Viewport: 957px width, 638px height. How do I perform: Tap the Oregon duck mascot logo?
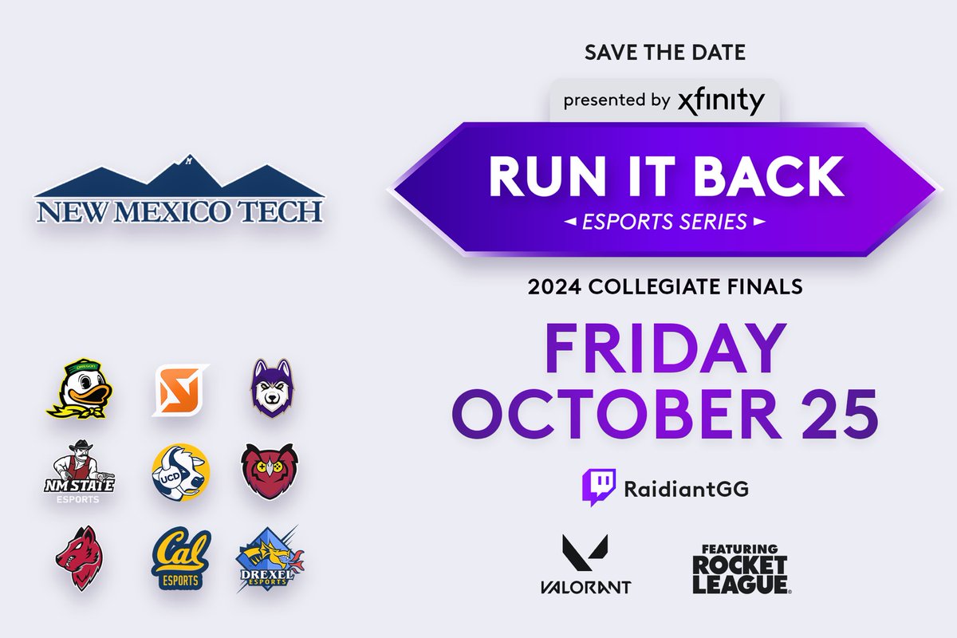click(x=76, y=388)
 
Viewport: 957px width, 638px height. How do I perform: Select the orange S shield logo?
click(x=179, y=390)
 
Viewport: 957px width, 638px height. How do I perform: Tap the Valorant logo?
click(x=585, y=565)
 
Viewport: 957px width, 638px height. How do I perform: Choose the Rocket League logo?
click(x=739, y=569)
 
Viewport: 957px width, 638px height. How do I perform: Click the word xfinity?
click(x=721, y=101)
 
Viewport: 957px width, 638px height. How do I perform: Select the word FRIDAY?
click(x=665, y=352)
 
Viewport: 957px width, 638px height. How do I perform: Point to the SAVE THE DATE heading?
click(x=665, y=53)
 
